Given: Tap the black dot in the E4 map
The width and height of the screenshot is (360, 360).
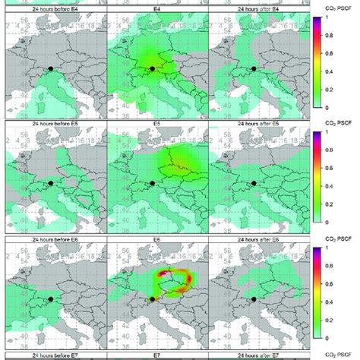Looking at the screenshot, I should pyautogui.click(x=152, y=68).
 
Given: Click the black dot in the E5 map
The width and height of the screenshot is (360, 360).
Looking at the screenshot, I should pyautogui.click(x=152, y=183).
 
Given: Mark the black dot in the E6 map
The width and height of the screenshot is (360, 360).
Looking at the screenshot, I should pyautogui.click(x=152, y=298).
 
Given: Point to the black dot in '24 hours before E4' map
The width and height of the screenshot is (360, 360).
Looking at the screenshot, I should pyautogui.click(x=51, y=68).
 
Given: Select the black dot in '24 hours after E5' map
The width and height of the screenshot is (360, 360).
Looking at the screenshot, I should pyautogui.click(x=253, y=183).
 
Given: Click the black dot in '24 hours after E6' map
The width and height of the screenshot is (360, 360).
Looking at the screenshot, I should pyautogui.click(x=253, y=298).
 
